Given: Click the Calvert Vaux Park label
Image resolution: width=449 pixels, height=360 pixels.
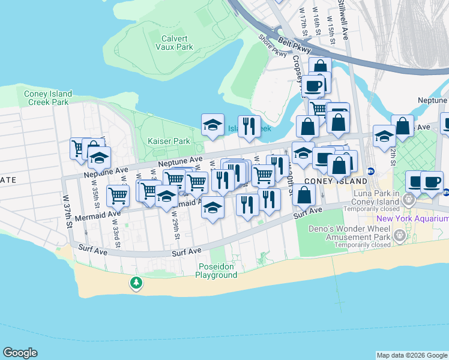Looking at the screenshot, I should tap(176, 42).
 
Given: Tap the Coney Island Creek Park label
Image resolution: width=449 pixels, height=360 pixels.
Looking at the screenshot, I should tap(48, 98).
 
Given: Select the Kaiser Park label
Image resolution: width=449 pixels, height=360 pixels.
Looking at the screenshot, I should tap(169, 141).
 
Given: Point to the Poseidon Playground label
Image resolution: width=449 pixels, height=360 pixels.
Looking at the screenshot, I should tap(216, 271).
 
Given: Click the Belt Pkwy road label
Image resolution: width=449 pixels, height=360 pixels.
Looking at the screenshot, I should tap(295, 46).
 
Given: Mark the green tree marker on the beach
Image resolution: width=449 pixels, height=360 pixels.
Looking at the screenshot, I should tap(137, 283).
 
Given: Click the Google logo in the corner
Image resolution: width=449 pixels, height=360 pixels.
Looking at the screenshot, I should tap(20, 353).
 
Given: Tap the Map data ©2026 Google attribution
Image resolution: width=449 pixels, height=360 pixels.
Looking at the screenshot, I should tap(411, 355).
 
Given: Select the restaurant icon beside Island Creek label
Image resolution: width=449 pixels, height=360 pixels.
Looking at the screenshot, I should tap(249, 127).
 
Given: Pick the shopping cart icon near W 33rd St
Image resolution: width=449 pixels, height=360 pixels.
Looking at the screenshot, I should tap(118, 196).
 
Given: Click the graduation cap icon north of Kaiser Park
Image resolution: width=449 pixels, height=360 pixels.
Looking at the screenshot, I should tap(212, 125).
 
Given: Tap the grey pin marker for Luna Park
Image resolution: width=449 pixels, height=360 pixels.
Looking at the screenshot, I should tap(409, 201).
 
